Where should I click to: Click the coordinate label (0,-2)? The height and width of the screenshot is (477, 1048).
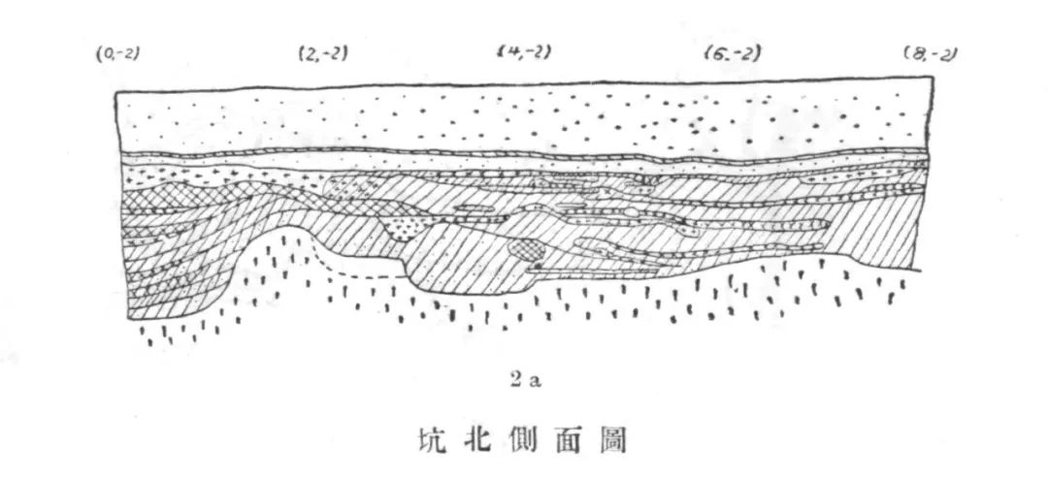point(117,53)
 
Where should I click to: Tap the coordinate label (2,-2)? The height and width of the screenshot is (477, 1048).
point(323,52)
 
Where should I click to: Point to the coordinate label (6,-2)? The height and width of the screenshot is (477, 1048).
point(734,52)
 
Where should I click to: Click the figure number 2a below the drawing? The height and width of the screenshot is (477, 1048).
point(525,381)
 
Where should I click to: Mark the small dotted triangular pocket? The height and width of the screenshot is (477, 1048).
point(406,227)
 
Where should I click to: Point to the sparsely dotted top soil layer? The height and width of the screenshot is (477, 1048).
point(525,118)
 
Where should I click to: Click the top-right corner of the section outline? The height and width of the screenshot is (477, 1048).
point(933,78)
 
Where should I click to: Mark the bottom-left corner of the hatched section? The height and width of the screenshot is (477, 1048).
point(128,319)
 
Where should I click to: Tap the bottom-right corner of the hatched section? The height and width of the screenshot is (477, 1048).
point(921,270)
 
